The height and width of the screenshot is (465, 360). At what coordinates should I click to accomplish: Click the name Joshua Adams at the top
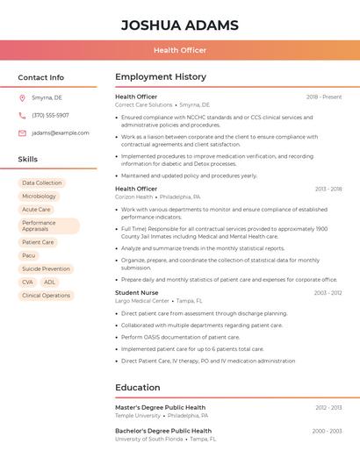[180, 25]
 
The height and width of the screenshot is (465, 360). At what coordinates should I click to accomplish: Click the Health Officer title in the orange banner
[180, 50]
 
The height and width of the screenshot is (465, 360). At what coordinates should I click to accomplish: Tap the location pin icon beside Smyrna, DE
[22, 97]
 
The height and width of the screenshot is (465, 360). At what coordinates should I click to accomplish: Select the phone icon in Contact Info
[22, 115]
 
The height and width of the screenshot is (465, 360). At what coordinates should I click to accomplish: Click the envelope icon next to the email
[22, 132]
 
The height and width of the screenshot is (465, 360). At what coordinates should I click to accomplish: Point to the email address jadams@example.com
[61, 132]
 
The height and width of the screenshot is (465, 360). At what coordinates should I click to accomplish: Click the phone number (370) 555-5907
[50, 115]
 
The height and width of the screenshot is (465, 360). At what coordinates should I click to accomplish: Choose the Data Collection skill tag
[42, 182]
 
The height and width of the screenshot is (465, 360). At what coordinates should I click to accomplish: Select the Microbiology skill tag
[39, 196]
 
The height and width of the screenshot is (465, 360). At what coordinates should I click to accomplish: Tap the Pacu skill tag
[29, 255]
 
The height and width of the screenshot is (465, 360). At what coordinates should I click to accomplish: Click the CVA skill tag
[27, 282]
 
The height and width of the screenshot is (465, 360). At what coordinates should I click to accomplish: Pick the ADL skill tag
[49, 282]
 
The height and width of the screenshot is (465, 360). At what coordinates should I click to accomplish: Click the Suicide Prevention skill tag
[46, 268]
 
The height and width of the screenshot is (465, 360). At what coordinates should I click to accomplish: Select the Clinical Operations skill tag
[46, 295]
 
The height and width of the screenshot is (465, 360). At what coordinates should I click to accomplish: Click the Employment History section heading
[161, 77]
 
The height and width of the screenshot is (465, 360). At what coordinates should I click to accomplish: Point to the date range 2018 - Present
[324, 97]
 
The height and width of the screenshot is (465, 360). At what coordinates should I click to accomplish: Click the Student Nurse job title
[137, 292]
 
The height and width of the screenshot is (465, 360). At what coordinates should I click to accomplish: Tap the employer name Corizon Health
[133, 197]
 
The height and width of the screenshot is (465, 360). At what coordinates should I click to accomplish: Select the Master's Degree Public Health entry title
[160, 407]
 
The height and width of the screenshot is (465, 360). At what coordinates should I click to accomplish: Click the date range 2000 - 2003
[327, 431]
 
